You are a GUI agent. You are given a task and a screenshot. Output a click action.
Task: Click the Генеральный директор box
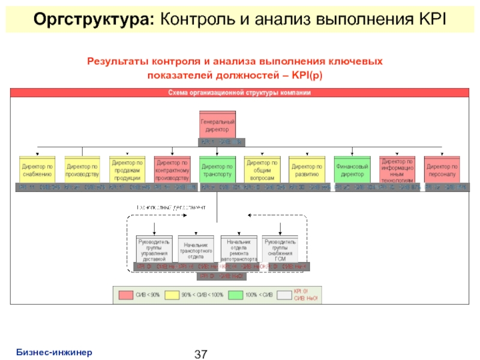tap(217, 125)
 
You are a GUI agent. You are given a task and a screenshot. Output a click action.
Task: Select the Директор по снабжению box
tap(37, 170)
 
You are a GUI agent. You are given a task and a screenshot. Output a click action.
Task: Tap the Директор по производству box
tap(82, 170)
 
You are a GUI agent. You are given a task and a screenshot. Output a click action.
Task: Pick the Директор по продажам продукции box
tap(127, 170)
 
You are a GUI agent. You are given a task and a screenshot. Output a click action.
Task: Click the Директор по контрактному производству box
tap(172, 170)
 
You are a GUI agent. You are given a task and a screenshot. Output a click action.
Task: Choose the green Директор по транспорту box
tap(217, 170)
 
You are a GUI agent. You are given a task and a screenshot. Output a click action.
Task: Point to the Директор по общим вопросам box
tap(262, 170)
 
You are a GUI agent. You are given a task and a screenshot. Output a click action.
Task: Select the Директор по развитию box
tap(307, 170)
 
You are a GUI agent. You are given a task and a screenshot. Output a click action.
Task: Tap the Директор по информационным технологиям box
tap(397, 170)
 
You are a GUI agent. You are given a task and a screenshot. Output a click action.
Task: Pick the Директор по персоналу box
tap(442, 170)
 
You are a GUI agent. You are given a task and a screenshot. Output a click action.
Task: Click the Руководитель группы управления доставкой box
tap(154, 249)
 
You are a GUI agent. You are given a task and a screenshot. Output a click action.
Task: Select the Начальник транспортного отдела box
tap(196, 249)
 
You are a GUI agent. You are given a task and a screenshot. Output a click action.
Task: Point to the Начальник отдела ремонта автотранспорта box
tap(239, 249)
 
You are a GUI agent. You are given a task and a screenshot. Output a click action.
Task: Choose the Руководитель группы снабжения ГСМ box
tap(280, 249)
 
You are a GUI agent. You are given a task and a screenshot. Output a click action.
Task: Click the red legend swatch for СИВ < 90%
tap(125, 295)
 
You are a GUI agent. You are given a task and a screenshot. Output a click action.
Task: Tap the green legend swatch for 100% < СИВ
tap(235, 295)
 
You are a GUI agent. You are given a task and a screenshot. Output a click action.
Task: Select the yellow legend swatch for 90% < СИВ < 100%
tap(172, 295)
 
